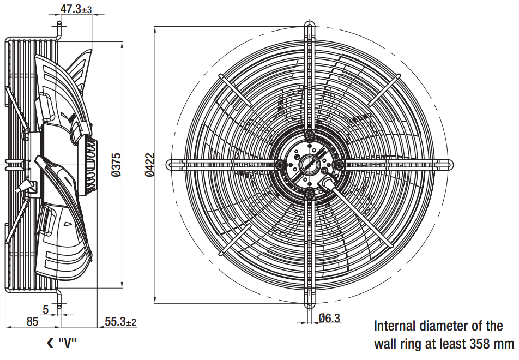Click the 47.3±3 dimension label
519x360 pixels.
[x=76, y=9]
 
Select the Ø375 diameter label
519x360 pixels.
[x=116, y=165]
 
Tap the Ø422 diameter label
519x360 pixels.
[x=149, y=165]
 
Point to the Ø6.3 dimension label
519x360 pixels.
[x=329, y=318]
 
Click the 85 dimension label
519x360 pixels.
[x=32, y=321]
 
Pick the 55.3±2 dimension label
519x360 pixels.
[x=120, y=321]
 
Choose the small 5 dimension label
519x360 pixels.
[x=46, y=309]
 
